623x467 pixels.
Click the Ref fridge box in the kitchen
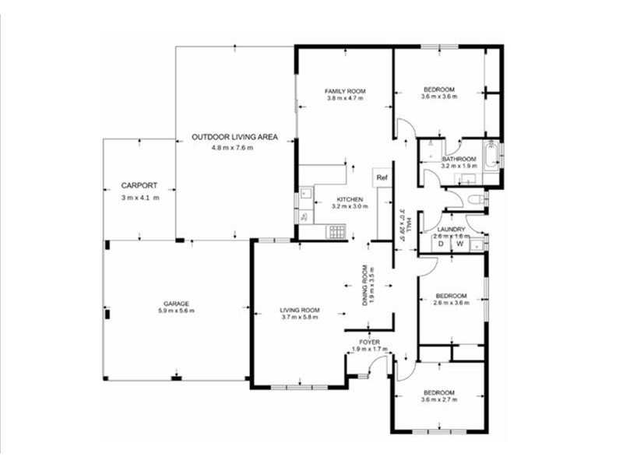coord(382,177)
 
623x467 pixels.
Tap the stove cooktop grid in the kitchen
coord(337,231)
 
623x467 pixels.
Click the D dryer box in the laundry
coord(440,244)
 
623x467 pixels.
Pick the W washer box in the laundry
coord(459,244)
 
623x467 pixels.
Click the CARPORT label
coord(139,186)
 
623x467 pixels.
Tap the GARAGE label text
coord(176,304)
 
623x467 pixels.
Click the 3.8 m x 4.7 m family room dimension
coord(345,99)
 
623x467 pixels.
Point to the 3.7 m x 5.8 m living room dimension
coord(300,317)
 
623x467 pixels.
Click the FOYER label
coord(369,342)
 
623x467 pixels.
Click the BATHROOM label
coord(459,159)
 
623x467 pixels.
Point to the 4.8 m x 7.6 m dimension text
coord(232,148)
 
